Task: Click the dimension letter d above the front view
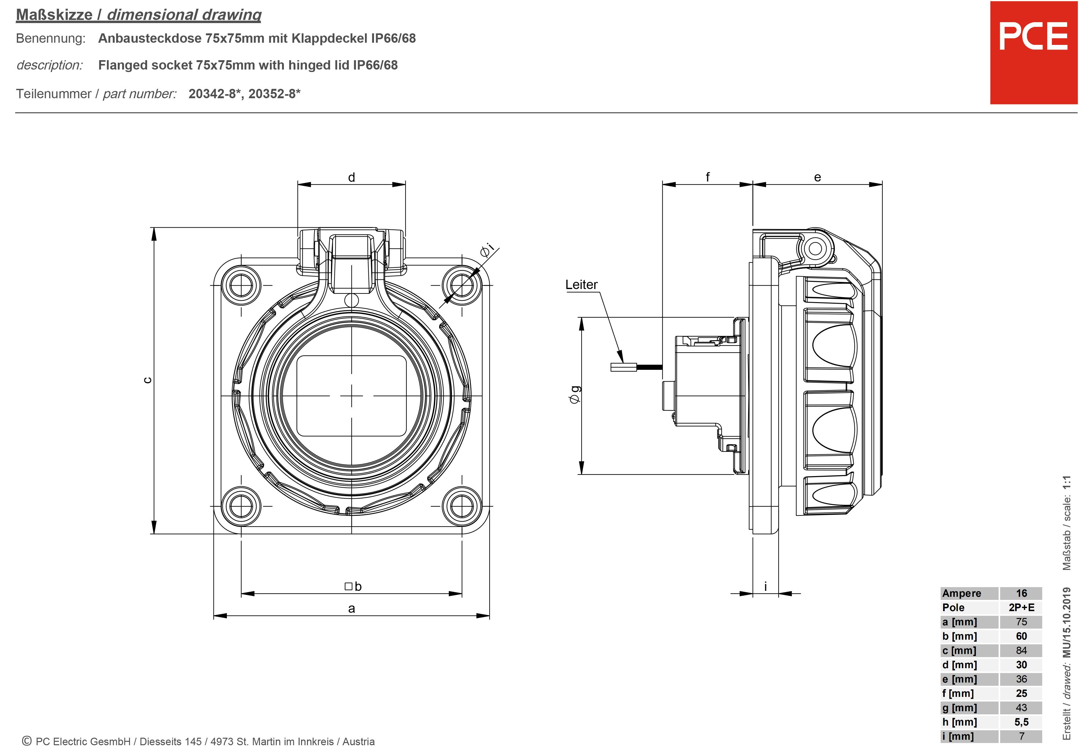tap(352, 177)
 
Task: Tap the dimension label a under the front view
tap(352, 608)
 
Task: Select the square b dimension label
tap(353, 586)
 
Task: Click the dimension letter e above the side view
tap(818, 177)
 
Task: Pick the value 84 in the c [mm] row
tap(1021, 650)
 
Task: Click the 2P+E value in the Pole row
tap(1021, 607)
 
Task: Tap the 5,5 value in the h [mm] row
tap(1021, 722)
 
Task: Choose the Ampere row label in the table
tap(962, 593)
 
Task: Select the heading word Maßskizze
tap(54, 15)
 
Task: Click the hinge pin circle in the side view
tap(816, 249)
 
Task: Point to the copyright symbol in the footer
tap(27, 741)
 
